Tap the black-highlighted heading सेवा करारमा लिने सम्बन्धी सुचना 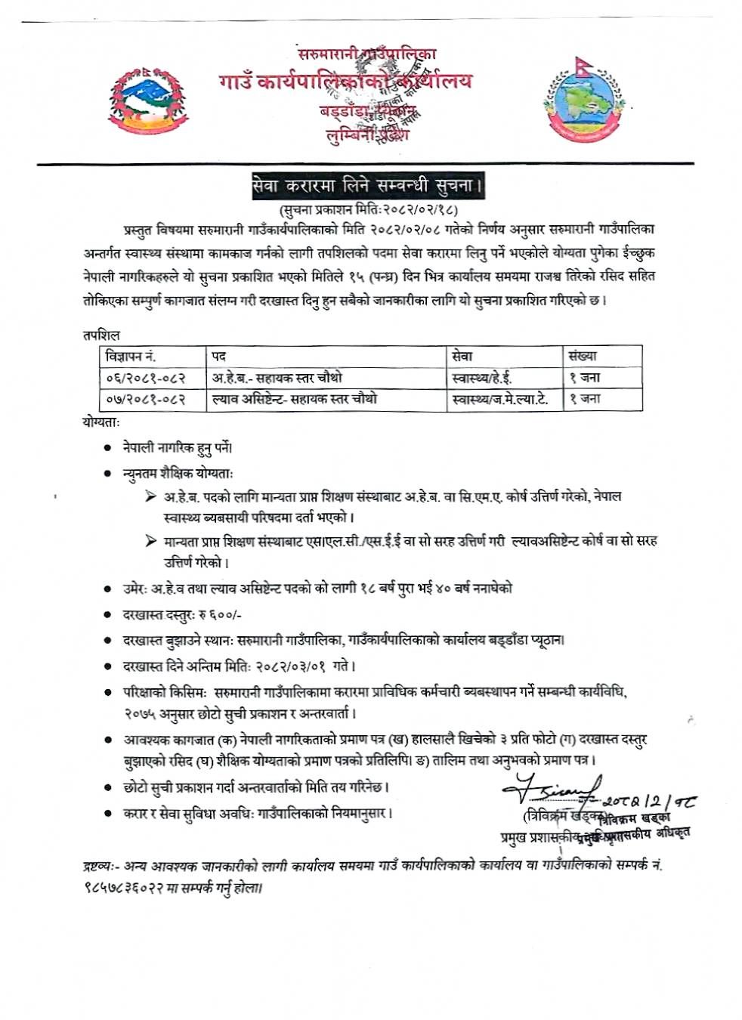point(368,186)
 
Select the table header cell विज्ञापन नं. point(131,356)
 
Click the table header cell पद point(219,356)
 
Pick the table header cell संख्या point(583,356)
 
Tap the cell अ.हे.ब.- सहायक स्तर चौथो point(277,378)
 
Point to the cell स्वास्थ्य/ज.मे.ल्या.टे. point(499,399)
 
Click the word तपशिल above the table point(101,335)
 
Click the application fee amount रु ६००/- point(220,615)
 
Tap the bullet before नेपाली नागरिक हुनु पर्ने point(108,448)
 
